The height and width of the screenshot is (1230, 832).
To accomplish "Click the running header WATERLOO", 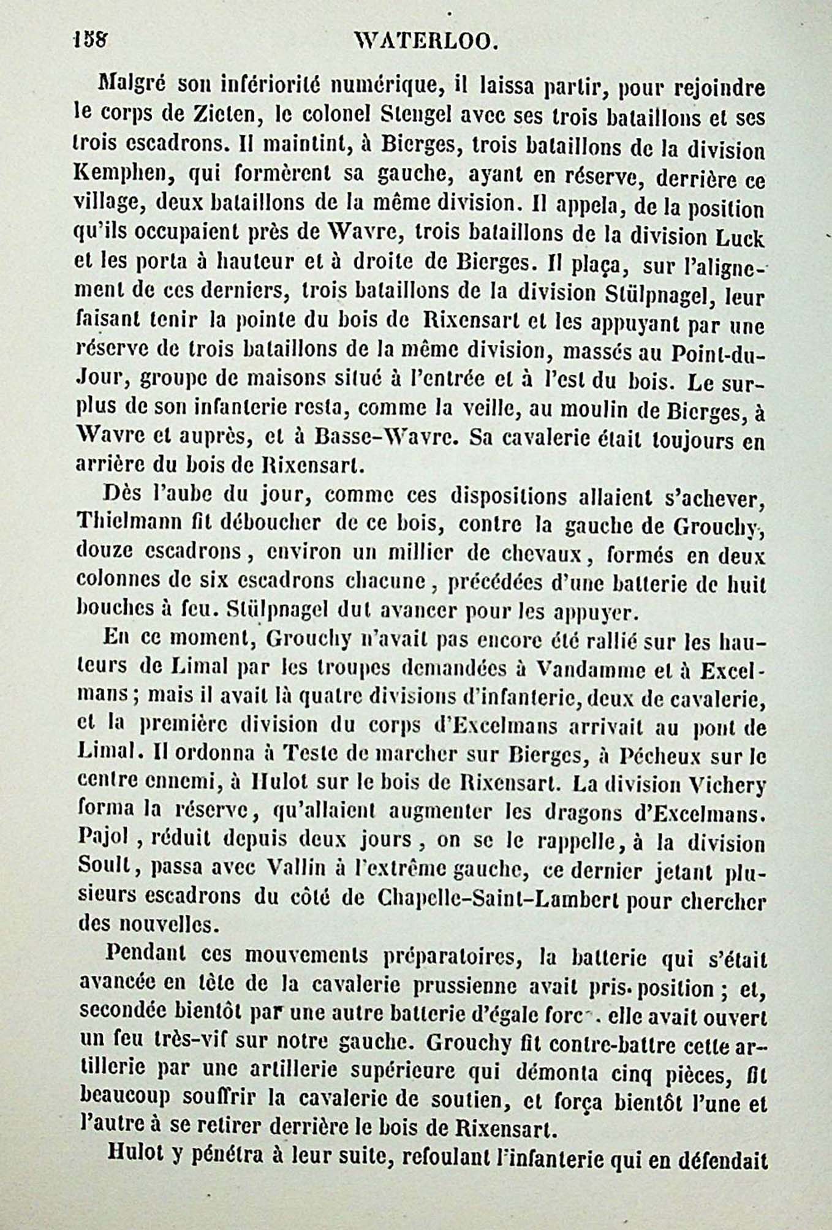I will (423, 42).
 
